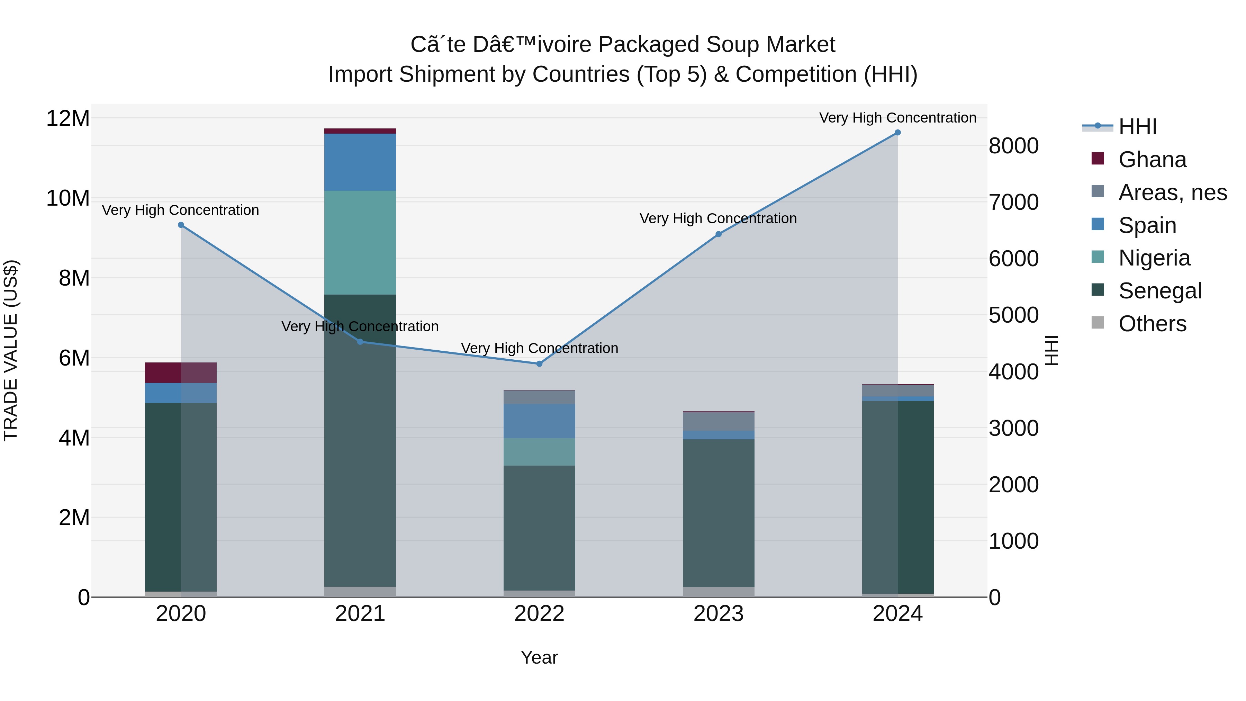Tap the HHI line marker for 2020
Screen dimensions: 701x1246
[181, 225]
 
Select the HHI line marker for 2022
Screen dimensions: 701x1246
[539, 364]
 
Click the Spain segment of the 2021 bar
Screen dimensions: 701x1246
[360, 162]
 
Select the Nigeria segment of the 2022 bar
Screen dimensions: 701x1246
[539, 452]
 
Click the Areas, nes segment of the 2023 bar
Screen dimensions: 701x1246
[718, 421]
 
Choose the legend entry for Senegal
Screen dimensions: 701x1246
[1159, 291]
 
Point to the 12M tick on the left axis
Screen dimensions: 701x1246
[68, 118]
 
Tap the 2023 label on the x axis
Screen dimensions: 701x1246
[718, 614]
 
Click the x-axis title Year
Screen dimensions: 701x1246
[539, 657]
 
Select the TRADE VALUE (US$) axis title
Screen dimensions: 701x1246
[11, 350]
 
